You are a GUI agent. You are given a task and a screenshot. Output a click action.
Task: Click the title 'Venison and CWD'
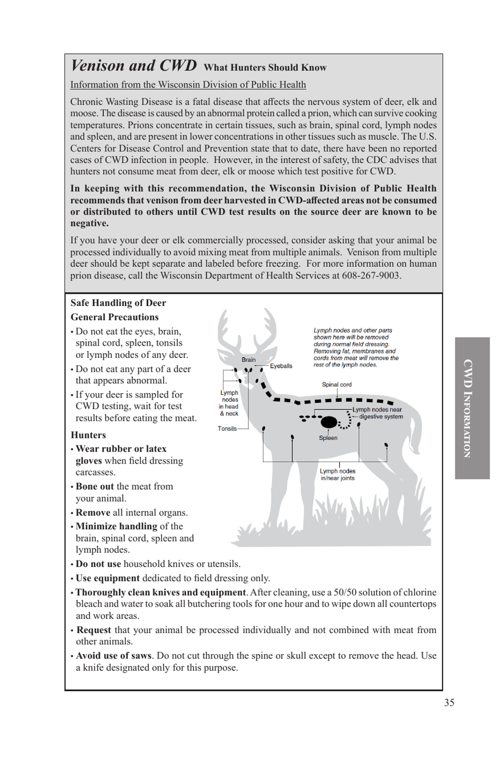(x=133, y=66)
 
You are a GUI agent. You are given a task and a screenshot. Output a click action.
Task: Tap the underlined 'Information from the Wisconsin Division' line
(x=188, y=85)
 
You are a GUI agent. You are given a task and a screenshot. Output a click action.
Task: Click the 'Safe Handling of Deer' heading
(x=118, y=303)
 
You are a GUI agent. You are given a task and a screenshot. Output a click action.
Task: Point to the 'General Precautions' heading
(x=114, y=317)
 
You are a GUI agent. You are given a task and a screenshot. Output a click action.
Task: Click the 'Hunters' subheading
(x=88, y=435)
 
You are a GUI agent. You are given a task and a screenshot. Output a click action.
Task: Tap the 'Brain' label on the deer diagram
(x=248, y=360)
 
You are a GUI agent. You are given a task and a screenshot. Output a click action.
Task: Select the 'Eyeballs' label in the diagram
(x=281, y=366)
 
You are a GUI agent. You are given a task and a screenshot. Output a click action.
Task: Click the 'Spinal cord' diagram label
(x=336, y=385)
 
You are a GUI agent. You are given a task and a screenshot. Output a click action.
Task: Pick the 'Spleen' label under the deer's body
(x=328, y=438)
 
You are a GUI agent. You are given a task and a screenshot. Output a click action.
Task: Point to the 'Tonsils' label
(x=227, y=429)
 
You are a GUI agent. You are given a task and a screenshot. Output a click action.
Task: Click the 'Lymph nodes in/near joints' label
(x=337, y=474)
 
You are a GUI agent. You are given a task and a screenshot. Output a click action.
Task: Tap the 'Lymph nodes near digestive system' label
(x=378, y=413)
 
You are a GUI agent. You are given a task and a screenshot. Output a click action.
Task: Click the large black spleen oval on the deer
(x=329, y=422)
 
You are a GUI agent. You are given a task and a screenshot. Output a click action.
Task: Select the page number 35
(x=449, y=702)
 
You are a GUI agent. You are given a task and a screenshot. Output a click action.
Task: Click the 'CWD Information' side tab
(x=472, y=408)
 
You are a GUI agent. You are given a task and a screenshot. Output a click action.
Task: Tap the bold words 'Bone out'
(x=95, y=486)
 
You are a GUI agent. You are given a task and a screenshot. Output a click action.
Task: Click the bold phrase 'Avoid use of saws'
(x=113, y=655)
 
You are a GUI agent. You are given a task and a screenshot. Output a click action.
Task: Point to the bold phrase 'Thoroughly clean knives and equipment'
(x=160, y=592)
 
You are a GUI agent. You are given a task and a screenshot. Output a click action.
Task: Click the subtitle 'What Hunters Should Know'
(x=265, y=68)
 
